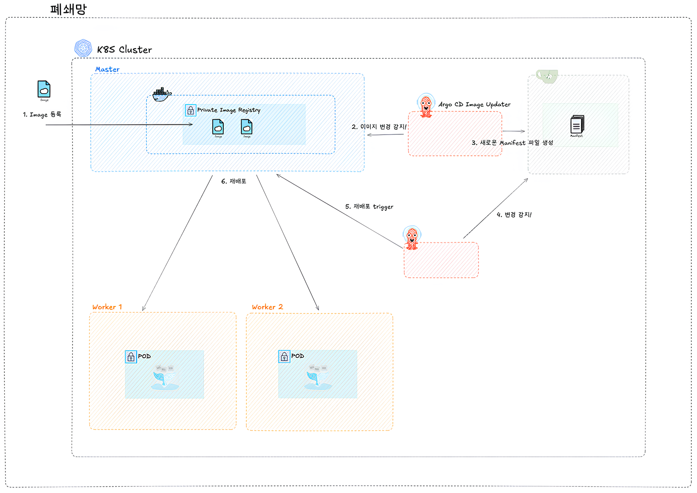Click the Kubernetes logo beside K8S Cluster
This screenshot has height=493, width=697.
pyautogui.click(x=83, y=48)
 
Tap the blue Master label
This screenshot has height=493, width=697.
pyautogui.click(x=107, y=69)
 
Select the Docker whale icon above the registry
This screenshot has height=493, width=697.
pyautogui.click(x=162, y=94)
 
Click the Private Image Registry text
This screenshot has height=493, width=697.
pyautogui.click(x=229, y=110)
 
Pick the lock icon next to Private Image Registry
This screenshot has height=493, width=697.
pyautogui.click(x=190, y=110)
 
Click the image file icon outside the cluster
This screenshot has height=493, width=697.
pyautogui.click(x=44, y=89)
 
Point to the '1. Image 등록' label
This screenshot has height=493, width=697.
pyautogui.click(x=42, y=114)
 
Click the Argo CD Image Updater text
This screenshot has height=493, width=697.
pyautogui.click(x=474, y=104)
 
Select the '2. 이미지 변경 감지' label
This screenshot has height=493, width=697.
pyautogui.click(x=379, y=127)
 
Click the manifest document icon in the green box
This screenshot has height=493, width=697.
pyautogui.click(x=577, y=125)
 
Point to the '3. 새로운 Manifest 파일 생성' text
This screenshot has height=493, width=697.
pyautogui.click(x=512, y=143)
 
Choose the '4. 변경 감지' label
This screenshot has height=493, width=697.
pyautogui.click(x=514, y=215)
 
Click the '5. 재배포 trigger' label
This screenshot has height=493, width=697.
pyautogui.click(x=369, y=207)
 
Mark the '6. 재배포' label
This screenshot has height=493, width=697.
pyautogui.click(x=233, y=181)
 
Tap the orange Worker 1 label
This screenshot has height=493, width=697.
pyautogui.click(x=107, y=307)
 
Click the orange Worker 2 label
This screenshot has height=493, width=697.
pyautogui.click(x=267, y=307)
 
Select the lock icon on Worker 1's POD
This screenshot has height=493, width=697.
pyautogui.click(x=131, y=357)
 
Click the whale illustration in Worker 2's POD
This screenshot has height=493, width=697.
pyautogui.click(x=317, y=378)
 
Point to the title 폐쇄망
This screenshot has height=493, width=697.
pyautogui.click(x=68, y=9)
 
